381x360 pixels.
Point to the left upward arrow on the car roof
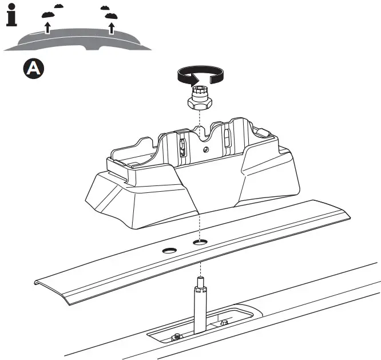pyautogui.click(x=48, y=27)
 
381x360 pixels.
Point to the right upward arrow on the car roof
pyautogui.click(x=112, y=27)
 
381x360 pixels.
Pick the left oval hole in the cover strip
pyautogui.click(x=169, y=250)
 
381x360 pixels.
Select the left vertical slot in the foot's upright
pyautogui.click(x=182, y=147)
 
